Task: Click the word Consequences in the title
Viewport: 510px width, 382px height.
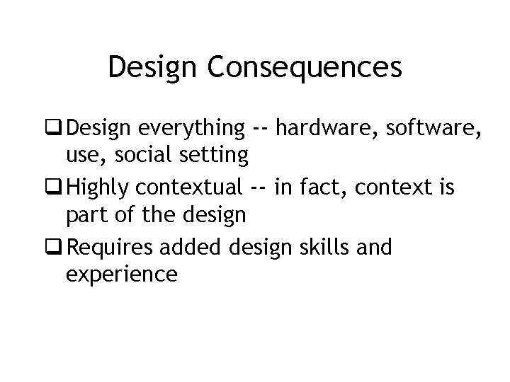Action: point(305,68)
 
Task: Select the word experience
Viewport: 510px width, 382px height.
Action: point(121,273)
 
